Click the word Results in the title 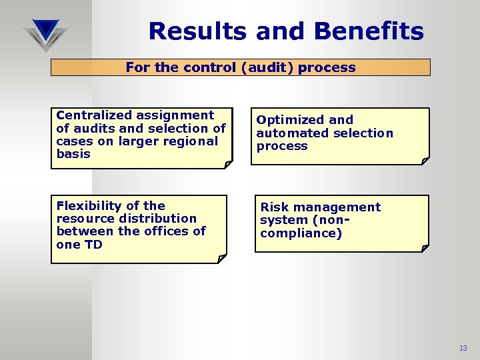pyautogui.click(x=193, y=31)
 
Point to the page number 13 pyautogui.click(x=463, y=348)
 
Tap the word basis pyautogui.click(x=73, y=154)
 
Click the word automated pyautogui.click(x=289, y=133)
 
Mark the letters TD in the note pyautogui.click(x=93, y=244)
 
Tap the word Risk pyautogui.click(x=275, y=207)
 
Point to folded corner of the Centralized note pyautogui.click(x=228, y=163)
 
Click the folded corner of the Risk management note pyautogui.click(x=424, y=247)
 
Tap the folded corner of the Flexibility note pyautogui.click(x=222, y=258)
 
